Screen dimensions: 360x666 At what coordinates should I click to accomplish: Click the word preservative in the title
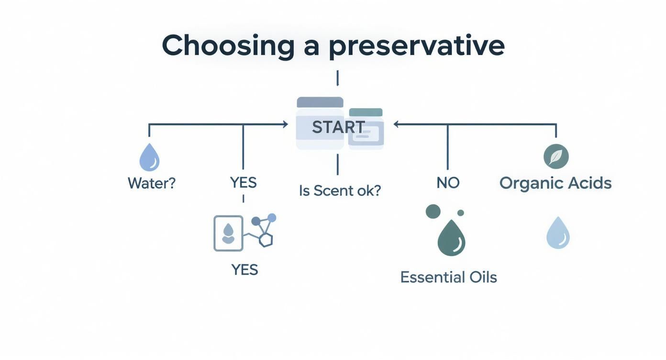(x=416, y=46)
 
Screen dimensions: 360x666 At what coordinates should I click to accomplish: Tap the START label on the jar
(x=338, y=127)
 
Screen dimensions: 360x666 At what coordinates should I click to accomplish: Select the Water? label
(x=152, y=183)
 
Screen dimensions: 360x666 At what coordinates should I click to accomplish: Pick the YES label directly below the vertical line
(x=243, y=182)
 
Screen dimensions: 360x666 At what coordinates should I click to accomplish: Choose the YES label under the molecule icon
(x=244, y=270)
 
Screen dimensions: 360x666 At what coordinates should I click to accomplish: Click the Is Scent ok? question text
(x=340, y=191)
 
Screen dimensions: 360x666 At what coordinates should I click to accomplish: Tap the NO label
(x=448, y=182)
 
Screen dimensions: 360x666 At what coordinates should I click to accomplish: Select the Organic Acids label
(x=555, y=183)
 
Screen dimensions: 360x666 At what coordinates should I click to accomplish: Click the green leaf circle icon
(x=556, y=157)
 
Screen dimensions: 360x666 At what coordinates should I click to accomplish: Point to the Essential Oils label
(x=448, y=277)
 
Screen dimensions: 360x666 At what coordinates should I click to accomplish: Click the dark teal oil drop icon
(x=451, y=238)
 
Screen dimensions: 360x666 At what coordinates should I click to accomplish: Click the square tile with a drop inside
(x=228, y=233)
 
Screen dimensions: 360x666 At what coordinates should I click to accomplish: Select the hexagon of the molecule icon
(x=266, y=239)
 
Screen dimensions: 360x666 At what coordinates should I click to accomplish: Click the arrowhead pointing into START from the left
(x=285, y=124)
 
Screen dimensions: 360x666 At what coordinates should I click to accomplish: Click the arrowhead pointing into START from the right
(x=397, y=124)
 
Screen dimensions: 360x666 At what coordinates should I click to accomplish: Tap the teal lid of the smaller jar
(x=366, y=112)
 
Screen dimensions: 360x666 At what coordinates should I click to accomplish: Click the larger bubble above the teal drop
(x=433, y=211)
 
